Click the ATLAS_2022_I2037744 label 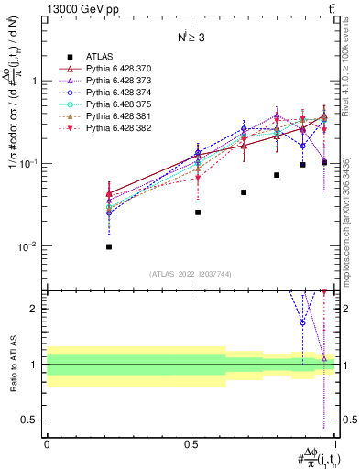(191, 274)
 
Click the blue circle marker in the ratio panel (302, 322)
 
